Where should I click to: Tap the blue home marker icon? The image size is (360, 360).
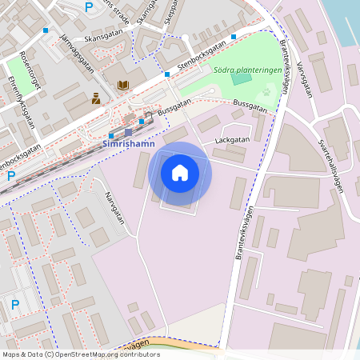coord(180,173)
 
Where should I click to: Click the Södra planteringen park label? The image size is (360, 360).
coord(247,70)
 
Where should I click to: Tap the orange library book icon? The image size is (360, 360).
coord(123,85)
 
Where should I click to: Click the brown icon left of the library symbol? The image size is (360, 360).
coord(96,98)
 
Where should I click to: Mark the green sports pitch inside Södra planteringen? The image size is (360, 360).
coord(241,78)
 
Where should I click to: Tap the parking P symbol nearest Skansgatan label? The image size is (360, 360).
coord(89,6)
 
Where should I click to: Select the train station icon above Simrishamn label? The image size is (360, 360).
coord(128,131)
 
